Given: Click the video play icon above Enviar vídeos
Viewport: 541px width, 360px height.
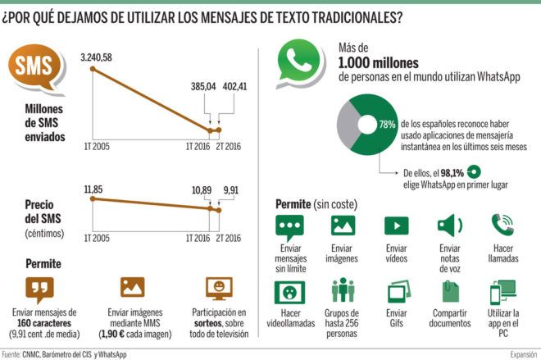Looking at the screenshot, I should (397, 226).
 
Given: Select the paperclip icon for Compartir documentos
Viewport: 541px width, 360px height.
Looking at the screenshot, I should (449, 290).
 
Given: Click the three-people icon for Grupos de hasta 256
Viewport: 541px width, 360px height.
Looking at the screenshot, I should (342, 290).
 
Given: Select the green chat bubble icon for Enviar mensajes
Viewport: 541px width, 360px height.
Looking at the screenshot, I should (289, 226).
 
